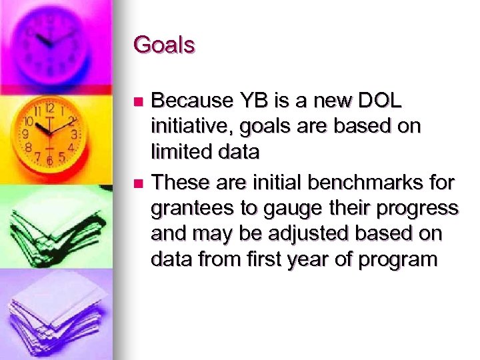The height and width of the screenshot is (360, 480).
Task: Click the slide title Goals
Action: point(164,45)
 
